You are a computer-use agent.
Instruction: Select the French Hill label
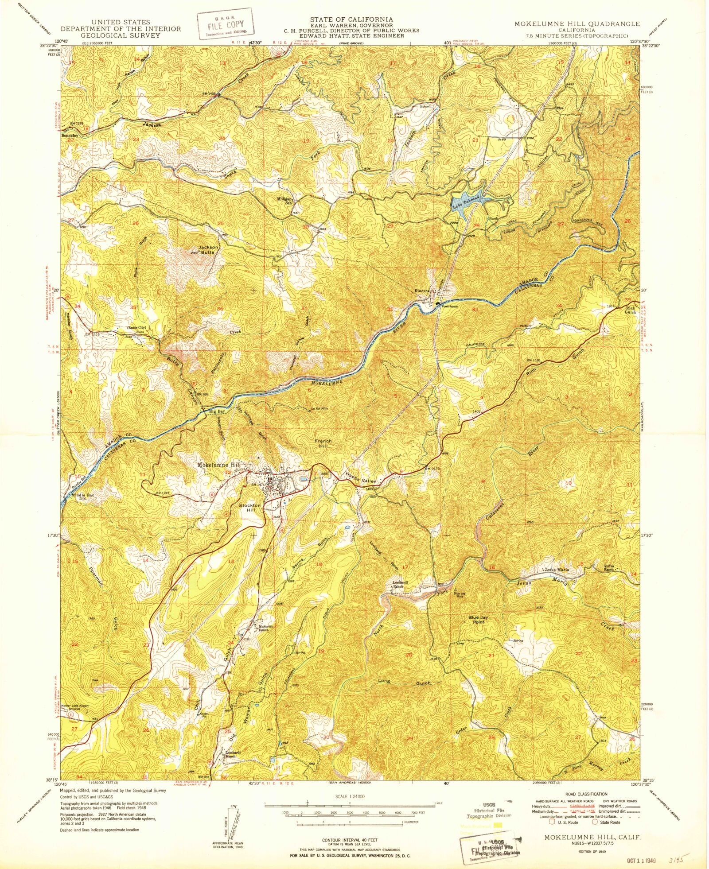[x=323, y=443]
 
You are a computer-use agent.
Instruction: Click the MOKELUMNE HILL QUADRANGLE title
[x=577, y=23]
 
